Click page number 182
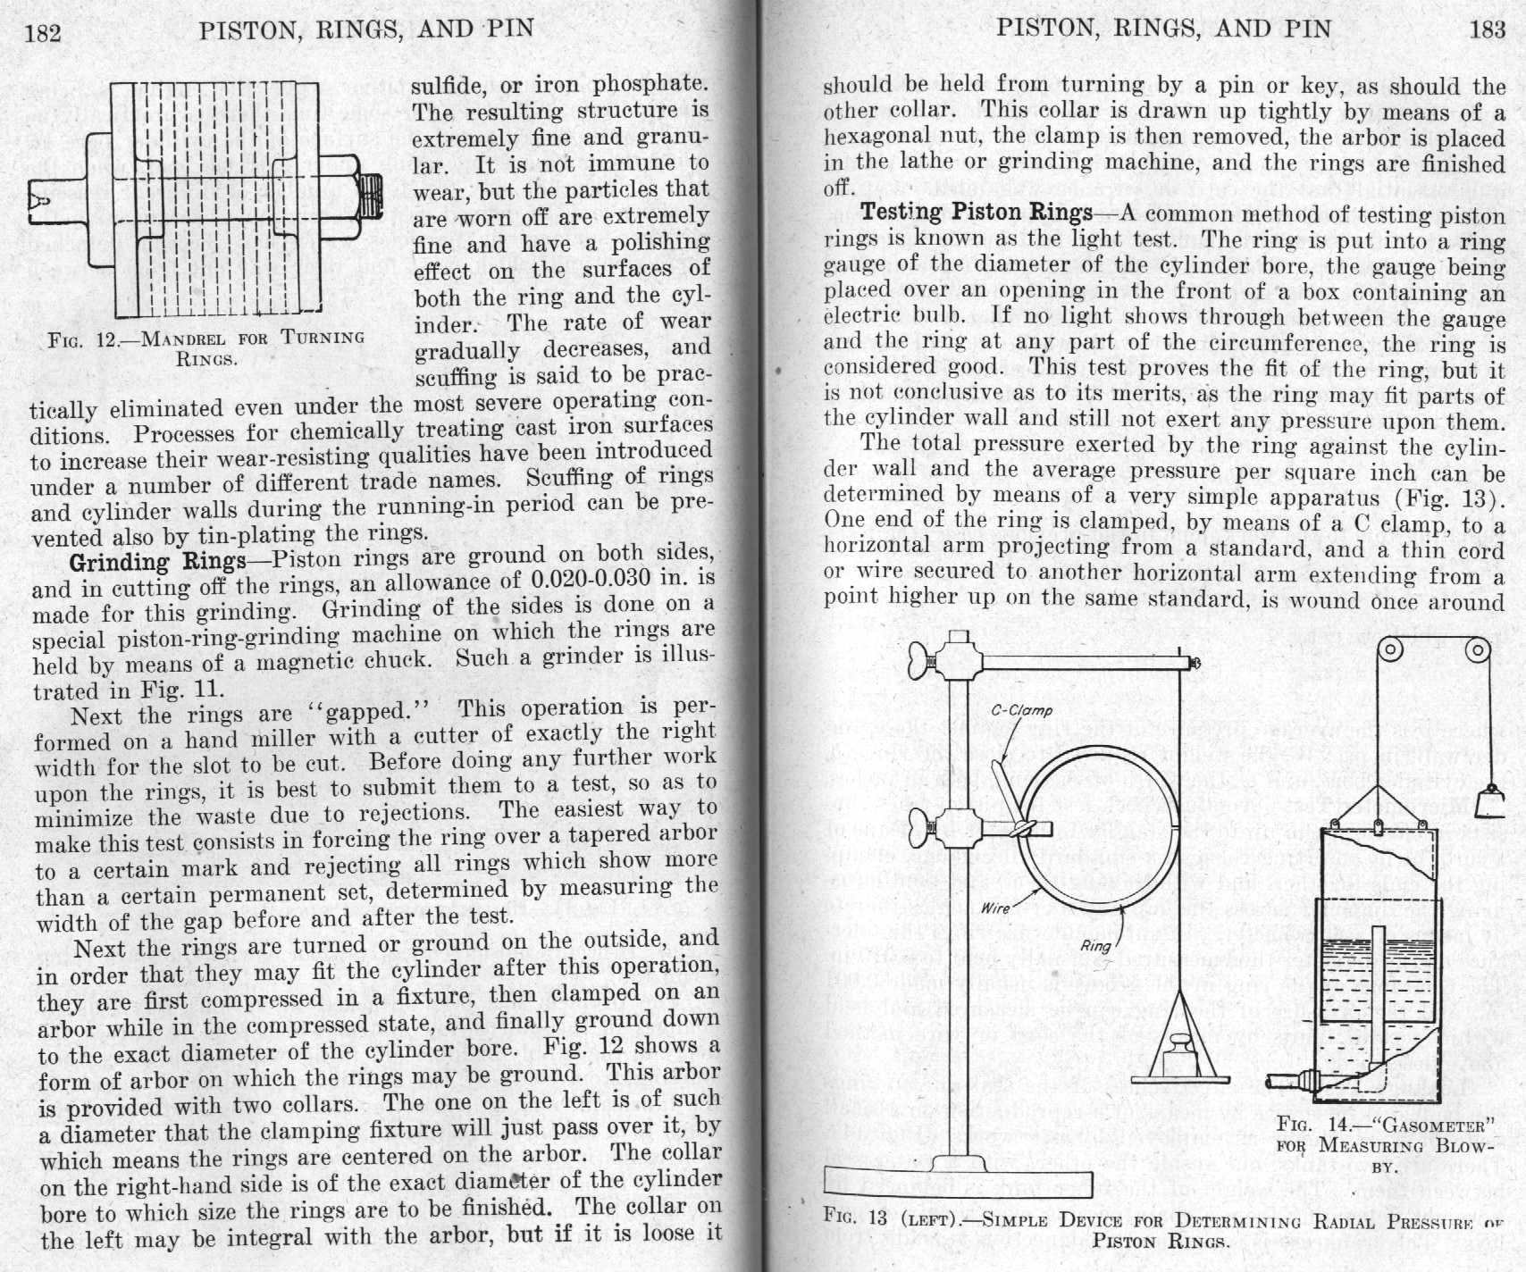click(42, 33)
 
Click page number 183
click(1487, 29)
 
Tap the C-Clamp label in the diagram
click(1022, 711)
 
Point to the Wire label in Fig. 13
click(995, 908)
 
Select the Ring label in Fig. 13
click(1096, 946)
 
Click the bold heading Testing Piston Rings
click(976, 213)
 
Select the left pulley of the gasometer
click(1388, 651)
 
